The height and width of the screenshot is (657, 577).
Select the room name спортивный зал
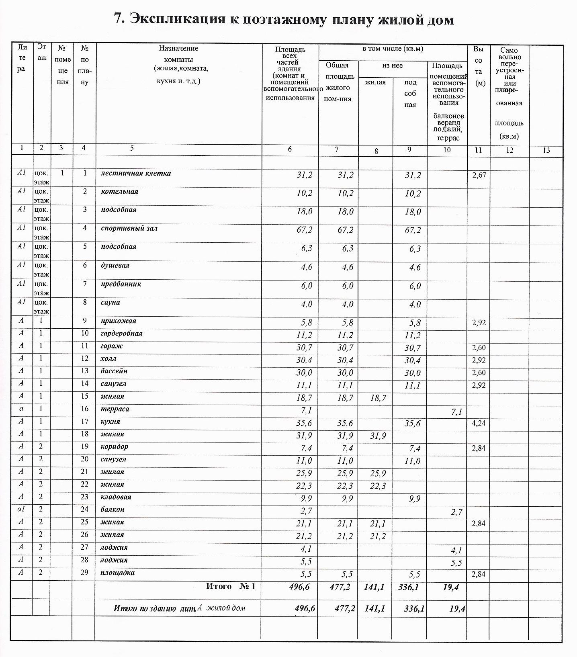[129, 228]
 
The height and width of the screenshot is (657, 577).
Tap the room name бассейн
[114, 371]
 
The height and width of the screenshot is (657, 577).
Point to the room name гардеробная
[121, 334]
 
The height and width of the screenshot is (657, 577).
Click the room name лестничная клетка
[135, 174]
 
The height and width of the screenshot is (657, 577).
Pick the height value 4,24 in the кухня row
[479, 423]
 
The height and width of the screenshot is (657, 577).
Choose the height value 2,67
[479, 175]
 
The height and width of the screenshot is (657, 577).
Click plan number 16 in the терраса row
[84, 409]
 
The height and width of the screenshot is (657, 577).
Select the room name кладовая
[116, 497]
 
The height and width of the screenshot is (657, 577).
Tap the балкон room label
[112, 510]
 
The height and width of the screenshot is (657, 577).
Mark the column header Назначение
[178, 48]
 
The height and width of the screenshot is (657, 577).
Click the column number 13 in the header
[546, 150]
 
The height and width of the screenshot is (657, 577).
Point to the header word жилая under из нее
[375, 82]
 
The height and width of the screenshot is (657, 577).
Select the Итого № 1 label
[231, 586]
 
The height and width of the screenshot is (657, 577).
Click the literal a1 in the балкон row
[21, 510]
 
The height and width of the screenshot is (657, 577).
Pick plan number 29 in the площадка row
[84, 573]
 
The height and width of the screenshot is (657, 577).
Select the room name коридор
[114, 447]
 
